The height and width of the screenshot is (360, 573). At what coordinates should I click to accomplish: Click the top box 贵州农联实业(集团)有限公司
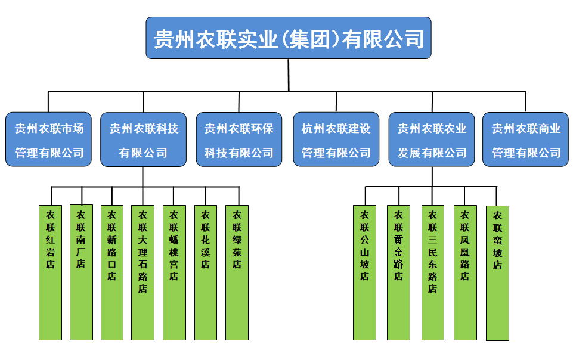coord(289,38)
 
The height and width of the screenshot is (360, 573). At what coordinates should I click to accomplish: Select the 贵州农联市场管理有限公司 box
coord(49,139)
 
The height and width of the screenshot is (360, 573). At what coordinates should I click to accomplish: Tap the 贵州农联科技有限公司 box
coord(143,139)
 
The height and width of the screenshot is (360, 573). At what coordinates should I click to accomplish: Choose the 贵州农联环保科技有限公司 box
coord(239,139)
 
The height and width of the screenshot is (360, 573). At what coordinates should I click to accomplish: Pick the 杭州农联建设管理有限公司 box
coord(336,139)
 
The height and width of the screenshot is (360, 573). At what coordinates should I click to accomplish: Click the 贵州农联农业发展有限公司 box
coord(432,139)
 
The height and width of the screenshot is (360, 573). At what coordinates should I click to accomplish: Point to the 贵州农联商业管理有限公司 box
coord(525,139)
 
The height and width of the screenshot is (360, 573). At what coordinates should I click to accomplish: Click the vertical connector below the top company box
coord(289,75)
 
